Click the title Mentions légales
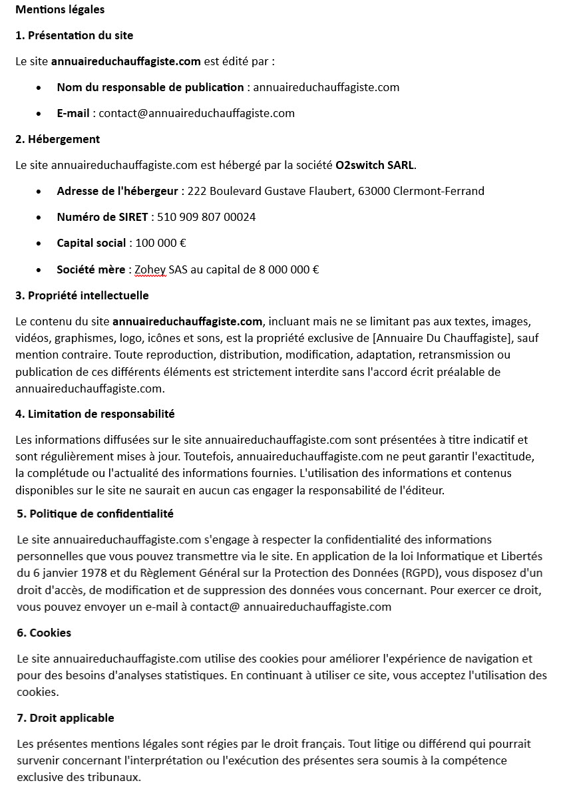(60, 9)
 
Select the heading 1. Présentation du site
(74, 35)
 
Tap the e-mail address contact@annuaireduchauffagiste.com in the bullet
(196, 113)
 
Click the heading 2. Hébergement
(57, 139)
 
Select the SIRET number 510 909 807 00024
(206, 217)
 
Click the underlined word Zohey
(150, 269)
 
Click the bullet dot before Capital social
(41, 243)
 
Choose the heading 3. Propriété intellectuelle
(82, 295)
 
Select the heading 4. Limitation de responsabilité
(94, 414)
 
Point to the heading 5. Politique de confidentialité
(95, 514)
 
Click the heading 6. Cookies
(44, 633)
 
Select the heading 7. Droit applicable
(65, 718)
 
